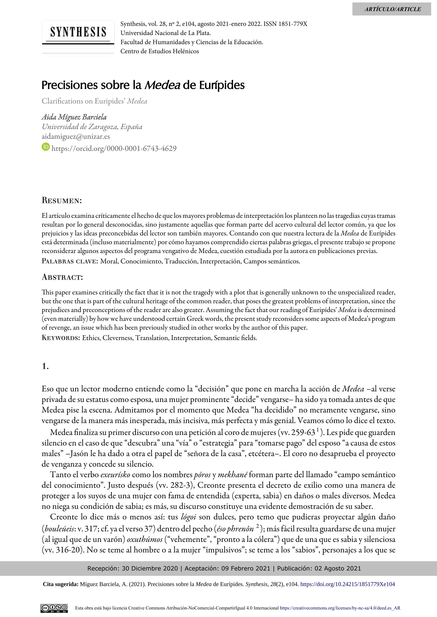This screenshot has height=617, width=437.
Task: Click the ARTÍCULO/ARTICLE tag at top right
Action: [392, 9]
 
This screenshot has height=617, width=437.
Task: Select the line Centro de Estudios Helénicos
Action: [160, 51]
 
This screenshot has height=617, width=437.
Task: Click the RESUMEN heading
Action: [62, 200]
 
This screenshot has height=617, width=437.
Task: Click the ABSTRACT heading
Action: [62, 277]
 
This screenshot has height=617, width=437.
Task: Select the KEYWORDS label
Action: [61, 338]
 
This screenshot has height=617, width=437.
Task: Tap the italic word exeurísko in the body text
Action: [115, 474]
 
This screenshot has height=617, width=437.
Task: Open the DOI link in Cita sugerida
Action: [347, 584]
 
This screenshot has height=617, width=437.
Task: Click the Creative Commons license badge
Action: [54, 608]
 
